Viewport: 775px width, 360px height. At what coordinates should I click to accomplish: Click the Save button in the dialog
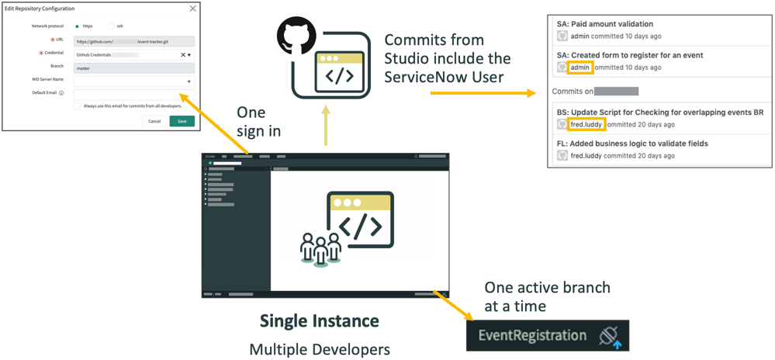[x=182, y=121]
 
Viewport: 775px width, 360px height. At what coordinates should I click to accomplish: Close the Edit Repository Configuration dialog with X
[x=193, y=9]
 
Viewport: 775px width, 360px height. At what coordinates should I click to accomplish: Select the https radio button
[x=77, y=26]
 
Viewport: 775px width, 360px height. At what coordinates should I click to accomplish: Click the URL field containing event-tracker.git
[x=133, y=40]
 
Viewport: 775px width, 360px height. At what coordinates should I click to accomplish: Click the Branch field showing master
[x=133, y=67]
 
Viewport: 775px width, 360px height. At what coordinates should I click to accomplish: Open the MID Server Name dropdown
[x=189, y=81]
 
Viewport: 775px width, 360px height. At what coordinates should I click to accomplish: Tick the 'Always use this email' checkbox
[x=78, y=106]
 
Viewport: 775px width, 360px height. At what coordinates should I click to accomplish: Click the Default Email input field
[x=133, y=94]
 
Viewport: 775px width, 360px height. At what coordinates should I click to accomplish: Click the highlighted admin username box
[x=580, y=67]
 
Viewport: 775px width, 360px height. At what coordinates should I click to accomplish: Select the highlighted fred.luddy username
[x=586, y=124]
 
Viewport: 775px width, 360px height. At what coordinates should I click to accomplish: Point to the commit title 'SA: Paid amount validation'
[x=605, y=24]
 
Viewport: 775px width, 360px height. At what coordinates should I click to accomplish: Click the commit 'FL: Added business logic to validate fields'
[x=632, y=144]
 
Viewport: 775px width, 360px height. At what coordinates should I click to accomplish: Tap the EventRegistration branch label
[x=532, y=336]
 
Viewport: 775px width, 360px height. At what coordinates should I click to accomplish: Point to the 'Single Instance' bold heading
[x=319, y=320]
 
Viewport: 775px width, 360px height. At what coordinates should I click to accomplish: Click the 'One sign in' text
[x=258, y=122]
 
